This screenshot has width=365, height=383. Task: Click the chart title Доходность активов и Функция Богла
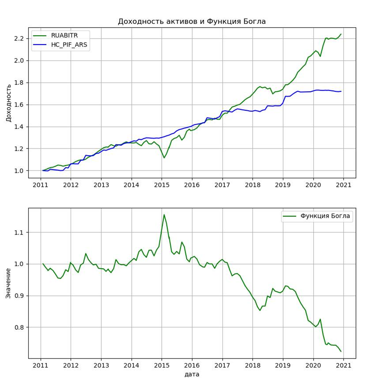(191, 21)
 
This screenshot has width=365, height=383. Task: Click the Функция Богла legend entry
(325, 216)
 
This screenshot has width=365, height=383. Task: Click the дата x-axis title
(191, 374)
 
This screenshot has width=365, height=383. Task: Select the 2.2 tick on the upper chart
(19, 39)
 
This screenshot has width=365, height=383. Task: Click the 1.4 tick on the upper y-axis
(19, 127)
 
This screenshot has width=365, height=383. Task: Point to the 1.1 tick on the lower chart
(19, 232)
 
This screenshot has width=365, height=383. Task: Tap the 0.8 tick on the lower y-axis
(19, 327)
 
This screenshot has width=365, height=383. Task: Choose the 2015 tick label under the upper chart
(162, 185)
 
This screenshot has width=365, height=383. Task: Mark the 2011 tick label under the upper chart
(40, 185)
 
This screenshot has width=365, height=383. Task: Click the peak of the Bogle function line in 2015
(164, 215)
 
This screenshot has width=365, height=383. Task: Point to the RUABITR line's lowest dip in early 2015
(164, 158)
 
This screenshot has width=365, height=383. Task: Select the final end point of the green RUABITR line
(341, 34)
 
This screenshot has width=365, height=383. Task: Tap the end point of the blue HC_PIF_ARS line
(341, 91)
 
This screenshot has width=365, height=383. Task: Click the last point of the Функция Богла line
(341, 351)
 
